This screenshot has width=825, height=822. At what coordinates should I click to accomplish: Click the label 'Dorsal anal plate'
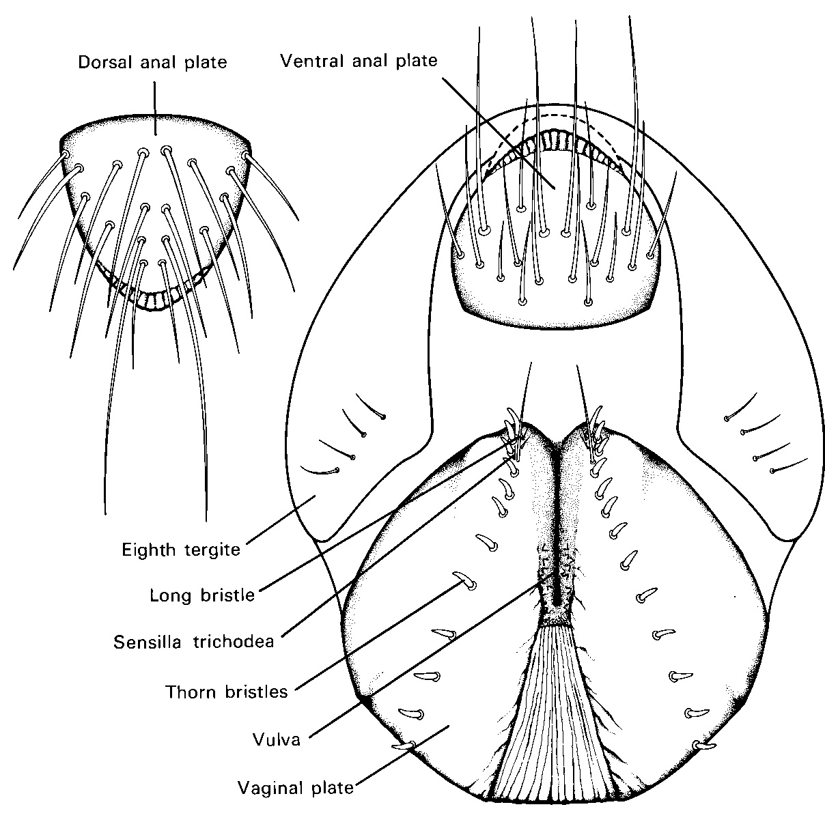[152, 62]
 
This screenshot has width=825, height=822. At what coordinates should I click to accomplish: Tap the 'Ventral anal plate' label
[359, 61]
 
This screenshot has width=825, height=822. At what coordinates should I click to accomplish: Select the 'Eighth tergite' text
[181, 549]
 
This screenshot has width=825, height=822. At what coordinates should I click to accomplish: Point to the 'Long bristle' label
[201, 595]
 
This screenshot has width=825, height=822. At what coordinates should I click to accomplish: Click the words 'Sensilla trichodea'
[194, 642]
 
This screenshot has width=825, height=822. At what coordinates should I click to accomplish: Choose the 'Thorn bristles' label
[226, 692]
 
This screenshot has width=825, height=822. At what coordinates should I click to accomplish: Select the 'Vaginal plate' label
[295, 789]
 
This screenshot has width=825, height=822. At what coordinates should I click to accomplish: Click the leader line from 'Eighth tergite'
[280, 520]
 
